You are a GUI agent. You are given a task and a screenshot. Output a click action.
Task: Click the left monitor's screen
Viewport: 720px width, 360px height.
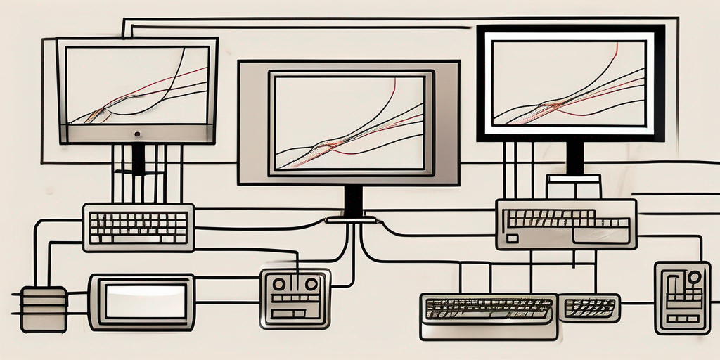[137, 84]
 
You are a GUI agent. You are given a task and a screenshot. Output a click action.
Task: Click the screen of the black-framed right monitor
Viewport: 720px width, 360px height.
[569, 82]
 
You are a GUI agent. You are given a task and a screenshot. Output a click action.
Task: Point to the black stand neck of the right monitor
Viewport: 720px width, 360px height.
[574, 156]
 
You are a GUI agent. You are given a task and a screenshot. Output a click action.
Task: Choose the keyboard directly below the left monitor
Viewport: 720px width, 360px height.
[139, 227]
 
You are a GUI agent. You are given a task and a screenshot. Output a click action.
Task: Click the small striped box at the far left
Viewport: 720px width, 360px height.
[44, 309]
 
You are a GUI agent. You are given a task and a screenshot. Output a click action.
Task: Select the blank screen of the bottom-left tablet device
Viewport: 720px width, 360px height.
[141, 301]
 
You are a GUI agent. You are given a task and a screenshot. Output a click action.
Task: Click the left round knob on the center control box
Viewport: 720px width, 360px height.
[278, 284]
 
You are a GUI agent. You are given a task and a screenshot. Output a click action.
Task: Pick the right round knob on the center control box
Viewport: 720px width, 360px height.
[311, 284]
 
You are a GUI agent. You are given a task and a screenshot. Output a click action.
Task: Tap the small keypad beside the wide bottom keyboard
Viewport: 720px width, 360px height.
[589, 307]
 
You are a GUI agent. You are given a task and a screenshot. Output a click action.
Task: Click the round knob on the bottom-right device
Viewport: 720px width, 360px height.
[695, 276]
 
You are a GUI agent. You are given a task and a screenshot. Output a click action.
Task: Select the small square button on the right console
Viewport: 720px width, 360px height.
[512, 239]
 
